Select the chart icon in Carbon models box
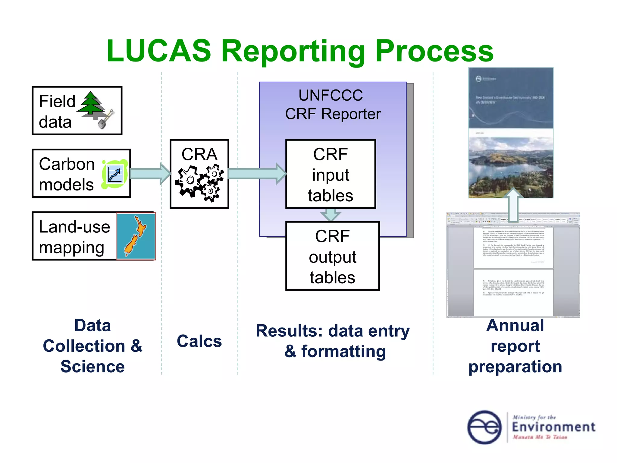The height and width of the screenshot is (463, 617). coord(115,174)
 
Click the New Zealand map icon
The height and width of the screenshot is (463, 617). coord(136,236)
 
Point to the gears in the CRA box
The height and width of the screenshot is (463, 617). coord(199,183)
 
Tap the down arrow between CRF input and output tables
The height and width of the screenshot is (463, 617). coord(330,215)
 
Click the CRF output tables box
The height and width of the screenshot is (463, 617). coord(332,257)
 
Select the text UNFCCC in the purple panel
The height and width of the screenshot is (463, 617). coord(330,96)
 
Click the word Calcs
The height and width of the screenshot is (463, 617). coord(199,341)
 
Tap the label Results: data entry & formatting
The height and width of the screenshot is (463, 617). coord(333,341)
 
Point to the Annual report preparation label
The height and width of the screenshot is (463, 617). coord(515,346)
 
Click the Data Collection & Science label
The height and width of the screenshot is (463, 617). coord(92,346)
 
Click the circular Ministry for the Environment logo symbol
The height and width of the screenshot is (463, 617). coord(484,427)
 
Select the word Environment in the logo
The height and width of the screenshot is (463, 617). coord(553,427)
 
